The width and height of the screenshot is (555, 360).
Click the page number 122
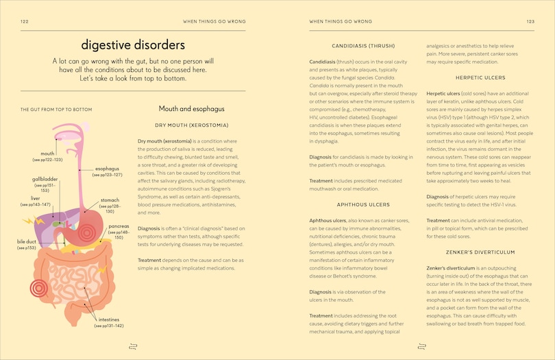pyautogui.click(x=25, y=21)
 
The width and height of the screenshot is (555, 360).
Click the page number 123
pyautogui.click(x=530, y=21)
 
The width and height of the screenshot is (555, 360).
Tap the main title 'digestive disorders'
pyautogui.click(x=133, y=46)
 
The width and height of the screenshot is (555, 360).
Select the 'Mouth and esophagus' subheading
pyautogui.click(x=192, y=109)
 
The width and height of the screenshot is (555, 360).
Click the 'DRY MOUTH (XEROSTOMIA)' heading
pyautogui.click(x=192, y=125)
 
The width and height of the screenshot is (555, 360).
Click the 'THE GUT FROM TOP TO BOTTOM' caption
pyautogui.click(x=56, y=110)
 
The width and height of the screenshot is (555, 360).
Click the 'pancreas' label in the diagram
pyautogui.click(x=119, y=226)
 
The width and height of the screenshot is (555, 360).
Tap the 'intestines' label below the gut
pyautogui.click(x=109, y=319)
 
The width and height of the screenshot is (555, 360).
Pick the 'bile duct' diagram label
pyautogui.click(x=26, y=241)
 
